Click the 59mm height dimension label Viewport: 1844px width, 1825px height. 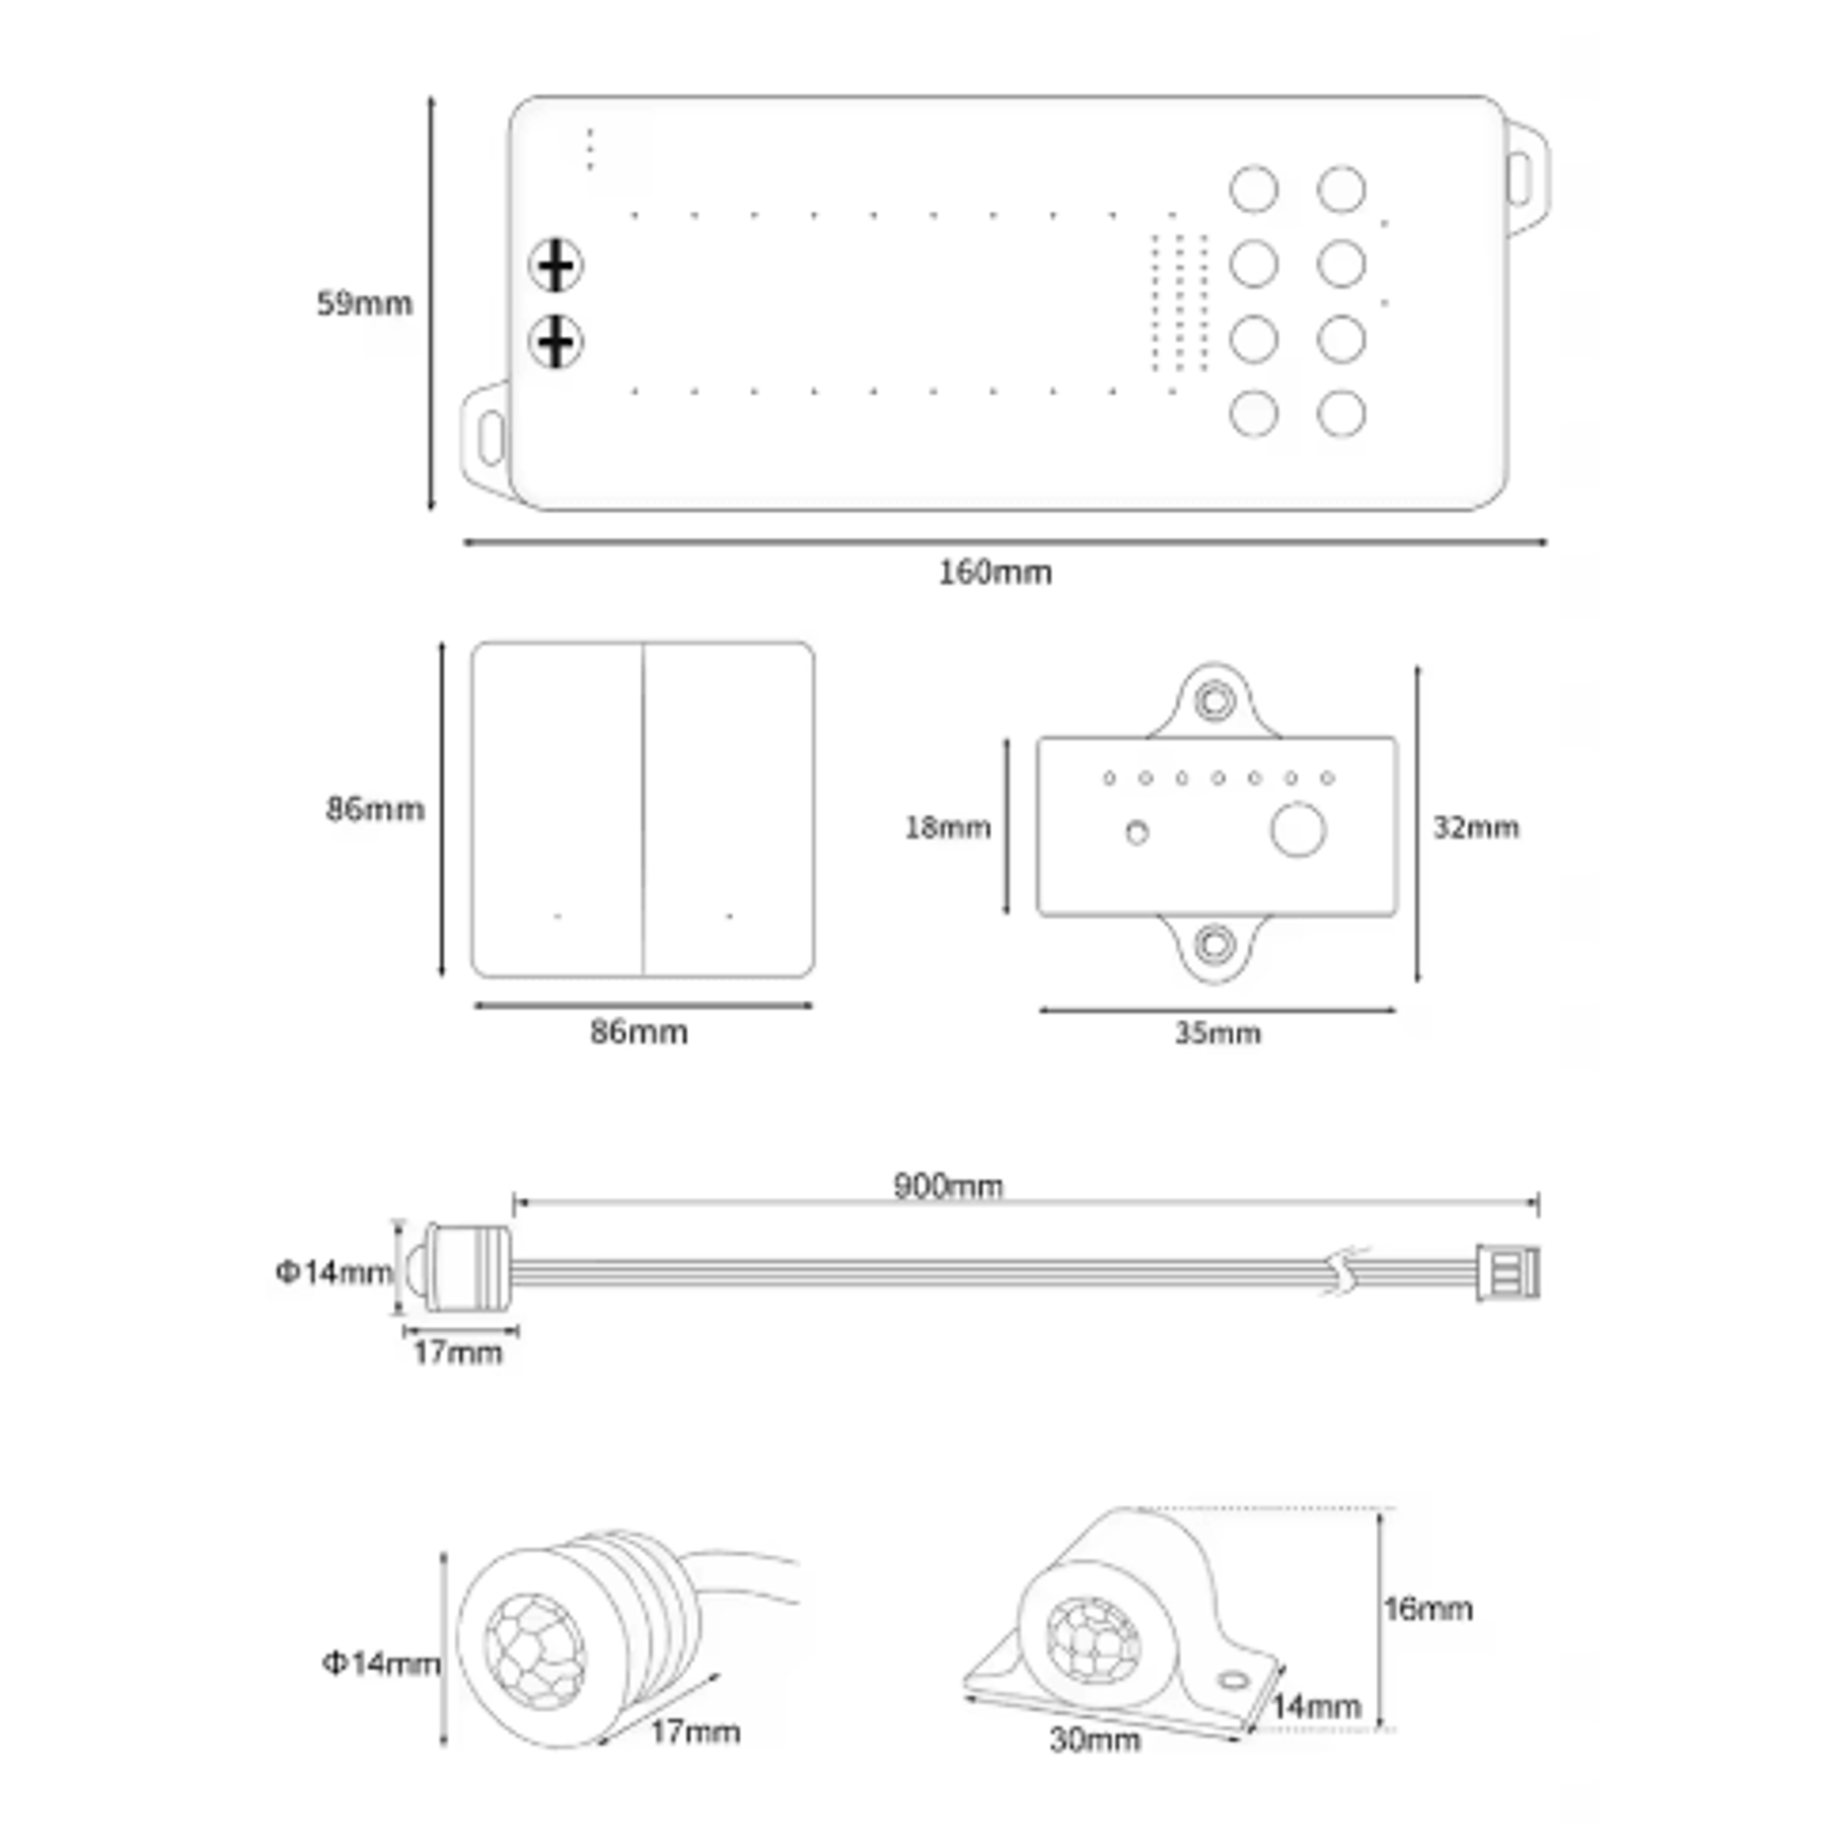tap(364, 304)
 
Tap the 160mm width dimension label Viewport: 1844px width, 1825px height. tap(995, 572)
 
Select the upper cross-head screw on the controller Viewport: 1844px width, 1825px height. tap(556, 266)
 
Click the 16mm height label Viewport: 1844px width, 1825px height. tap(1428, 1609)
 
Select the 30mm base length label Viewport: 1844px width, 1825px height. tap(1095, 1740)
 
